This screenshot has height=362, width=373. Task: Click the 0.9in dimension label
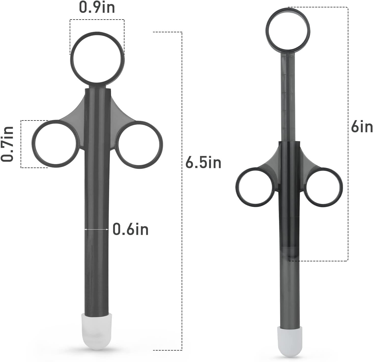[x=97, y=8]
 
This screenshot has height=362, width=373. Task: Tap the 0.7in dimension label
[x=7, y=144]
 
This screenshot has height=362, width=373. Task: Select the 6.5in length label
[x=203, y=162]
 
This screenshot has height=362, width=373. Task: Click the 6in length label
[x=362, y=126]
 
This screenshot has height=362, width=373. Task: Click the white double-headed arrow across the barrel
[x=97, y=229]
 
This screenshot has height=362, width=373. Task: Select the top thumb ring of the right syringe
[x=267, y=31]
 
